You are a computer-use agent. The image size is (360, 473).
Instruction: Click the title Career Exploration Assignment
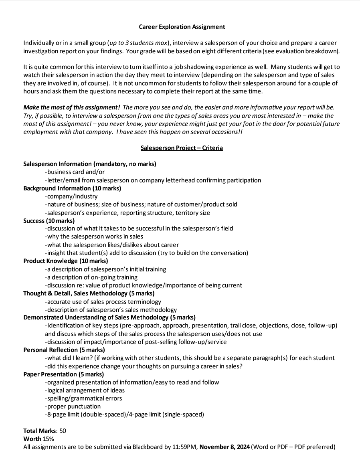point(182,27)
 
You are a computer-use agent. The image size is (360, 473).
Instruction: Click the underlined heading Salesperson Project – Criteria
point(182,148)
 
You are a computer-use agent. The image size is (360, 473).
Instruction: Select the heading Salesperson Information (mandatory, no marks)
point(90,164)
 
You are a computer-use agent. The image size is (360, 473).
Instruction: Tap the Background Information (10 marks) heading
point(72,188)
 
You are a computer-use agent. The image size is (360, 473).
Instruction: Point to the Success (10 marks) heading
point(49,220)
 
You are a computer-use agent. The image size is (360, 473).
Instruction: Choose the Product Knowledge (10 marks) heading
point(65,261)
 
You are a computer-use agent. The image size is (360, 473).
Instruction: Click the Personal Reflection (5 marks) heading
point(64,350)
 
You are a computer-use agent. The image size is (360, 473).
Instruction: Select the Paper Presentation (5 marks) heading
point(63,374)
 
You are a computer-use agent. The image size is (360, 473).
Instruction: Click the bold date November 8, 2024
point(224,447)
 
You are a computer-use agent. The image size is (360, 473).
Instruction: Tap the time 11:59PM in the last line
point(185,447)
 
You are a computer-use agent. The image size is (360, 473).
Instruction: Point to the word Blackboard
point(149,447)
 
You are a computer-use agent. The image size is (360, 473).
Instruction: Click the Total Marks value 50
point(63,431)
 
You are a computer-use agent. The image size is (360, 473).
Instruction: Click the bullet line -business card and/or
point(75,172)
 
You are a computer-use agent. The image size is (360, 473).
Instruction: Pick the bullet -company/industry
point(71,196)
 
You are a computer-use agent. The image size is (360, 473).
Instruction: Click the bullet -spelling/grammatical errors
point(83,398)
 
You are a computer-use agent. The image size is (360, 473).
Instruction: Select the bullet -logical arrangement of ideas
point(85,390)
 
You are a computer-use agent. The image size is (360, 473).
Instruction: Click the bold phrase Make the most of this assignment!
point(72,107)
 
